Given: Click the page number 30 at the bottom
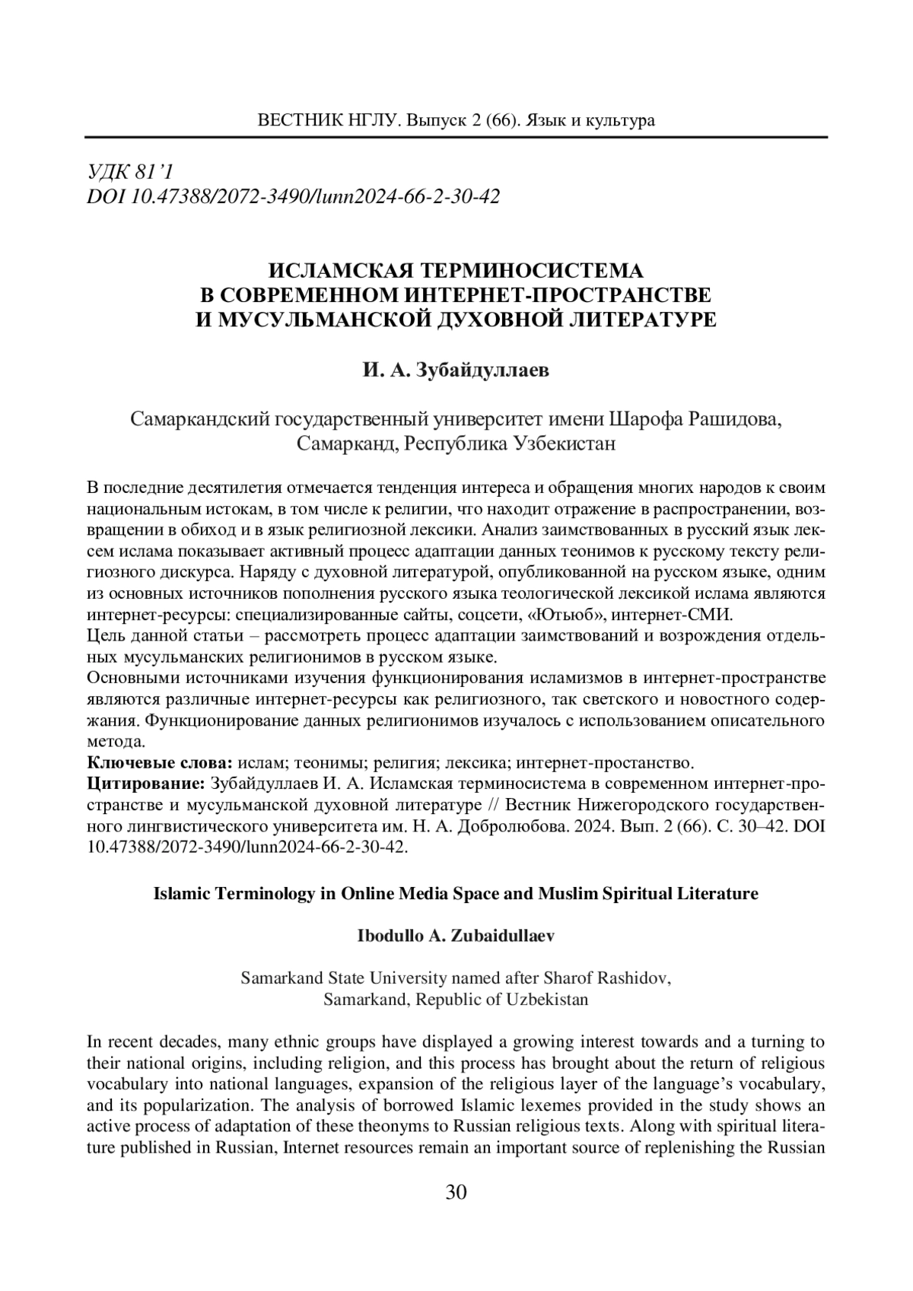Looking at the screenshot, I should pyautogui.click(x=456, y=1191).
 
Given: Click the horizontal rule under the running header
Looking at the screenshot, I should pyautogui.click(x=456, y=138).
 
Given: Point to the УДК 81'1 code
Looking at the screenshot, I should pyautogui.click(x=132, y=172).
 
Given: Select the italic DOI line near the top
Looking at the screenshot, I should pyautogui.click(x=294, y=197).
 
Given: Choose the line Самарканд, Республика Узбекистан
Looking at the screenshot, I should pyautogui.click(x=456, y=443).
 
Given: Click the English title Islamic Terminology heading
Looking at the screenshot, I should pyautogui.click(x=456, y=893).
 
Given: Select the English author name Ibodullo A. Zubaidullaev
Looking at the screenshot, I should pyautogui.click(x=456, y=936).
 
